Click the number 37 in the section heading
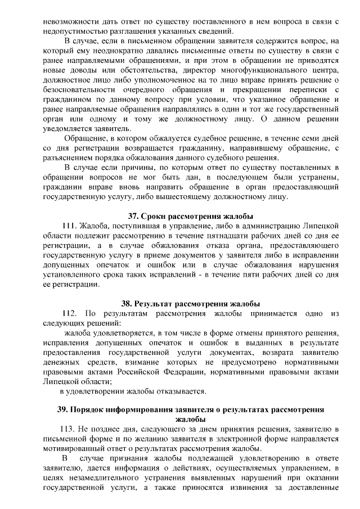133,217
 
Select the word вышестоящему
191,197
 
